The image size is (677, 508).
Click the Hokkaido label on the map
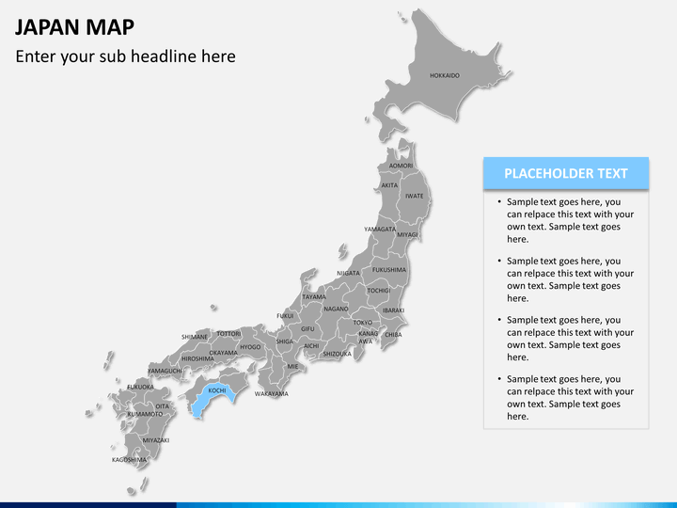click(445, 75)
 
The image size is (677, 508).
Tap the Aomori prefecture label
click(401, 166)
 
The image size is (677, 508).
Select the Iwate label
click(415, 196)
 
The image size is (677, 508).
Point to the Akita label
click(389, 185)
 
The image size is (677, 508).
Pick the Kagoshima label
click(130, 460)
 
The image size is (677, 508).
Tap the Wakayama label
click(271, 393)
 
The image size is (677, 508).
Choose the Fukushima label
click(389, 270)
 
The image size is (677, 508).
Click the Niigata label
click(348, 273)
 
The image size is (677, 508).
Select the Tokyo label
click(363, 323)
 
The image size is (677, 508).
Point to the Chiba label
click(393, 334)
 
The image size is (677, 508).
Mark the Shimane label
click(195, 337)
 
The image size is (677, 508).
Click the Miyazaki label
click(156, 440)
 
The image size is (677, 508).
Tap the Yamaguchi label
click(165, 371)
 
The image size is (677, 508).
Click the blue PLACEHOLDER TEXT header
click(566, 173)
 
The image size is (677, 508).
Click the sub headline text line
click(125, 56)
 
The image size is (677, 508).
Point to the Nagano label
click(337, 309)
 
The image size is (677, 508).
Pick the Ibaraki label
click(393, 310)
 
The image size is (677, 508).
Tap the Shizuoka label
click(337, 354)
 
